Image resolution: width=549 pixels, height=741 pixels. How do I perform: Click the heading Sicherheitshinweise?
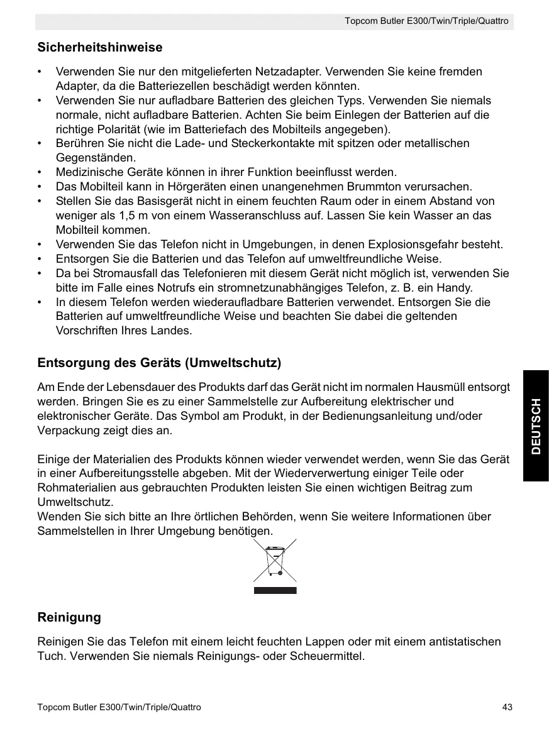click(x=100, y=48)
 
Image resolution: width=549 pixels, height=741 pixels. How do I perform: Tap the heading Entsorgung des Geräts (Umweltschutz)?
click(x=159, y=363)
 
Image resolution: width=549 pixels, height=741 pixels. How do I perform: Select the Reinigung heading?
click(x=69, y=617)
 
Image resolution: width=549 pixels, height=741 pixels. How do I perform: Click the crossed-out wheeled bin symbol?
click(x=275, y=561)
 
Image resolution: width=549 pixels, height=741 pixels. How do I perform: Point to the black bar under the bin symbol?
click(x=275, y=590)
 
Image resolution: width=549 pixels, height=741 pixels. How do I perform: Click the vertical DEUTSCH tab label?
click(x=535, y=425)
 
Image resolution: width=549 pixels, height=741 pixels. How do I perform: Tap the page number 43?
click(x=507, y=708)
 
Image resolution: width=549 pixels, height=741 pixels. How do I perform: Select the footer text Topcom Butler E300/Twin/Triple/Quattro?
click(x=119, y=708)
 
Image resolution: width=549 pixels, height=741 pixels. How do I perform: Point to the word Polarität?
click(x=104, y=129)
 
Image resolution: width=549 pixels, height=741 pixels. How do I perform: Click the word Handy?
click(x=457, y=288)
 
